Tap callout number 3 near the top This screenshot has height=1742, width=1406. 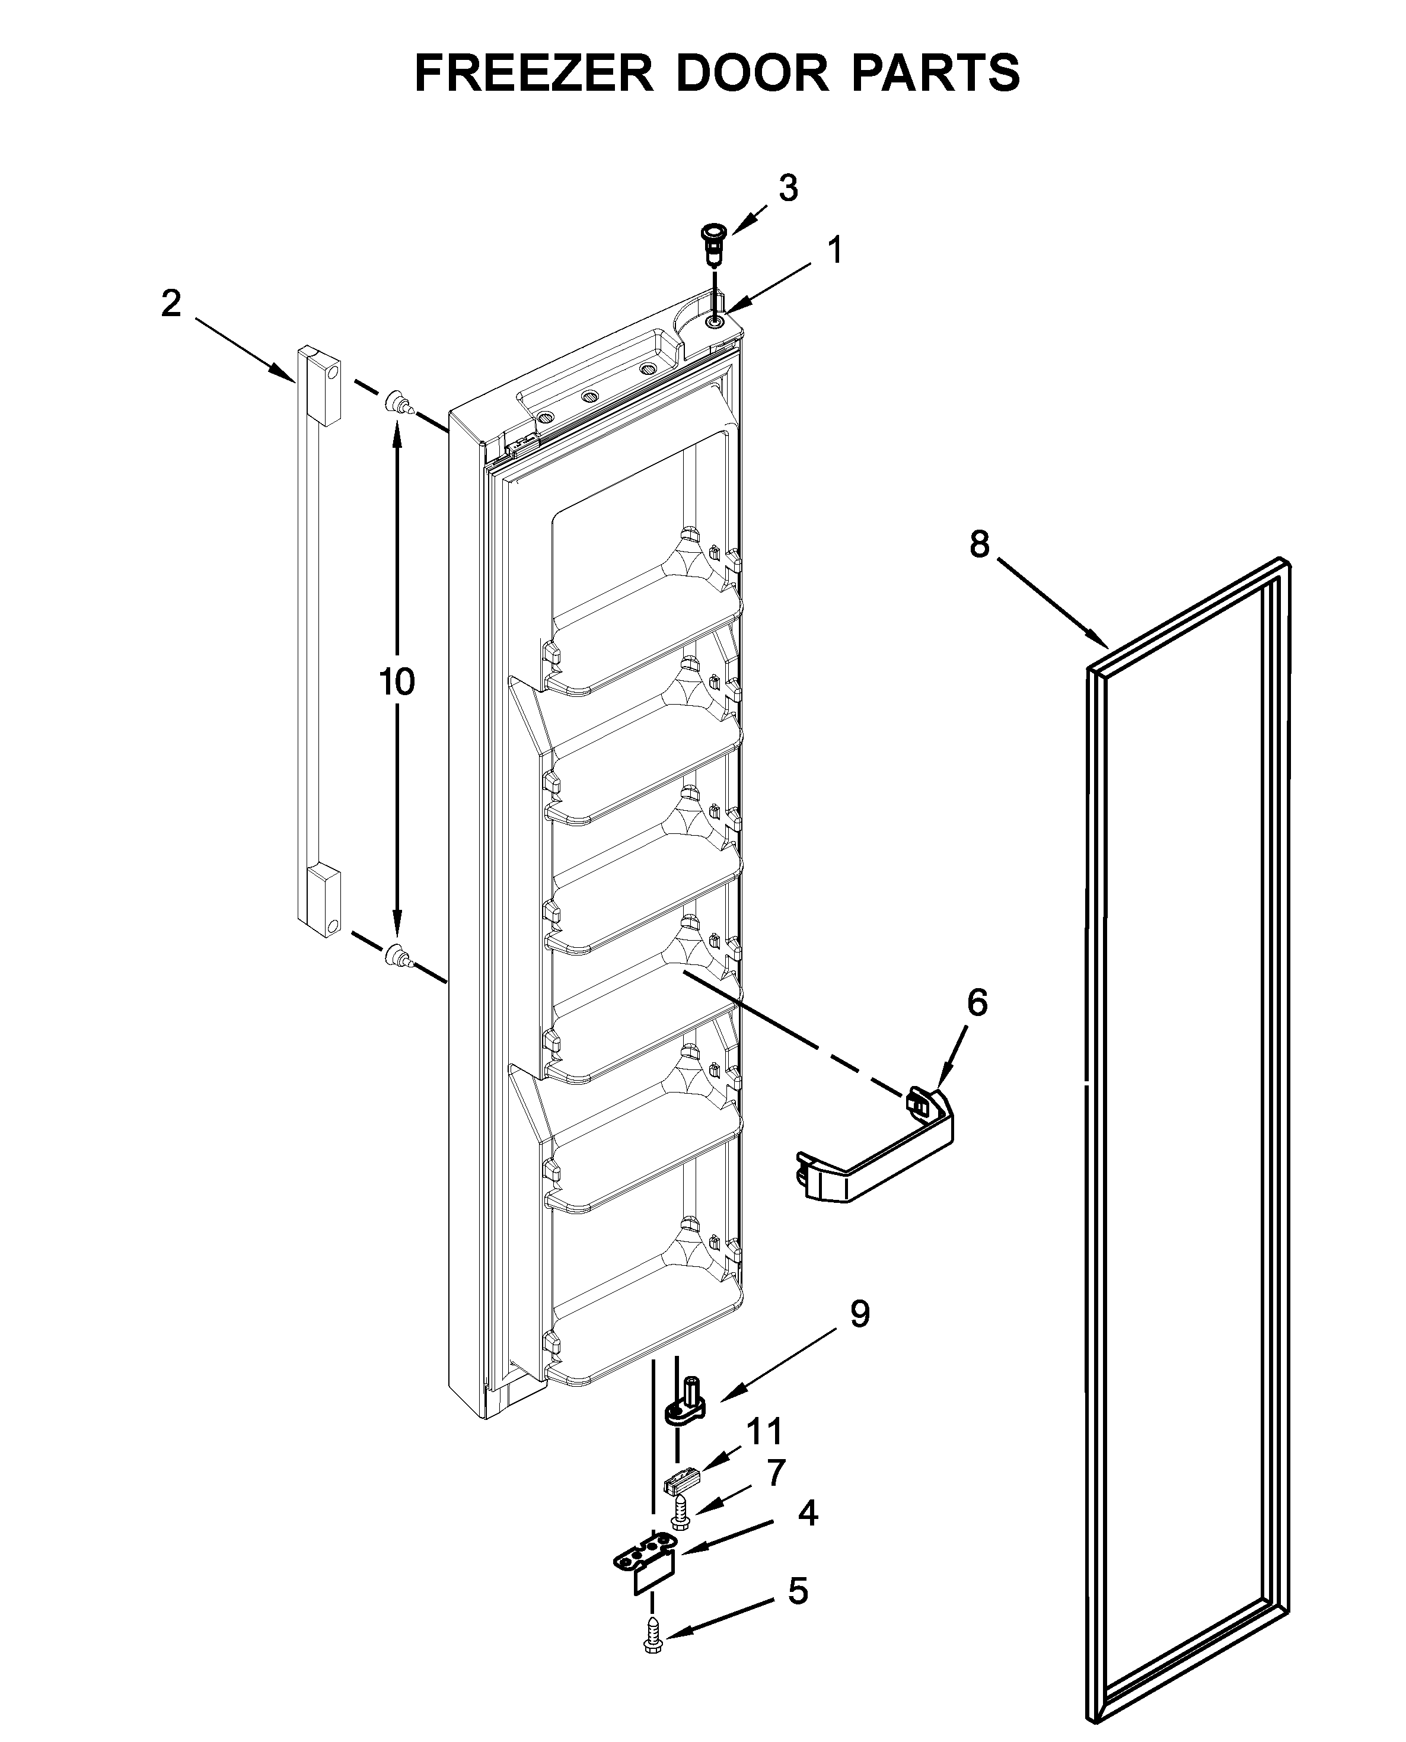click(x=788, y=188)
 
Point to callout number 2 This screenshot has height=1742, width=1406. click(x=171, y=304)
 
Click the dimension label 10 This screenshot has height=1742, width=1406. click(x=397, y=682)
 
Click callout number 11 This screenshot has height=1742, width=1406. click(x=764, y=1431)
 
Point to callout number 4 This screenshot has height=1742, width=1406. click(x=808, y=1512)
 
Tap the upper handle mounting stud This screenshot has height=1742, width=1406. click(x=396, y=400)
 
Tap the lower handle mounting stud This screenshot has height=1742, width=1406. click(x=396, y=956)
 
